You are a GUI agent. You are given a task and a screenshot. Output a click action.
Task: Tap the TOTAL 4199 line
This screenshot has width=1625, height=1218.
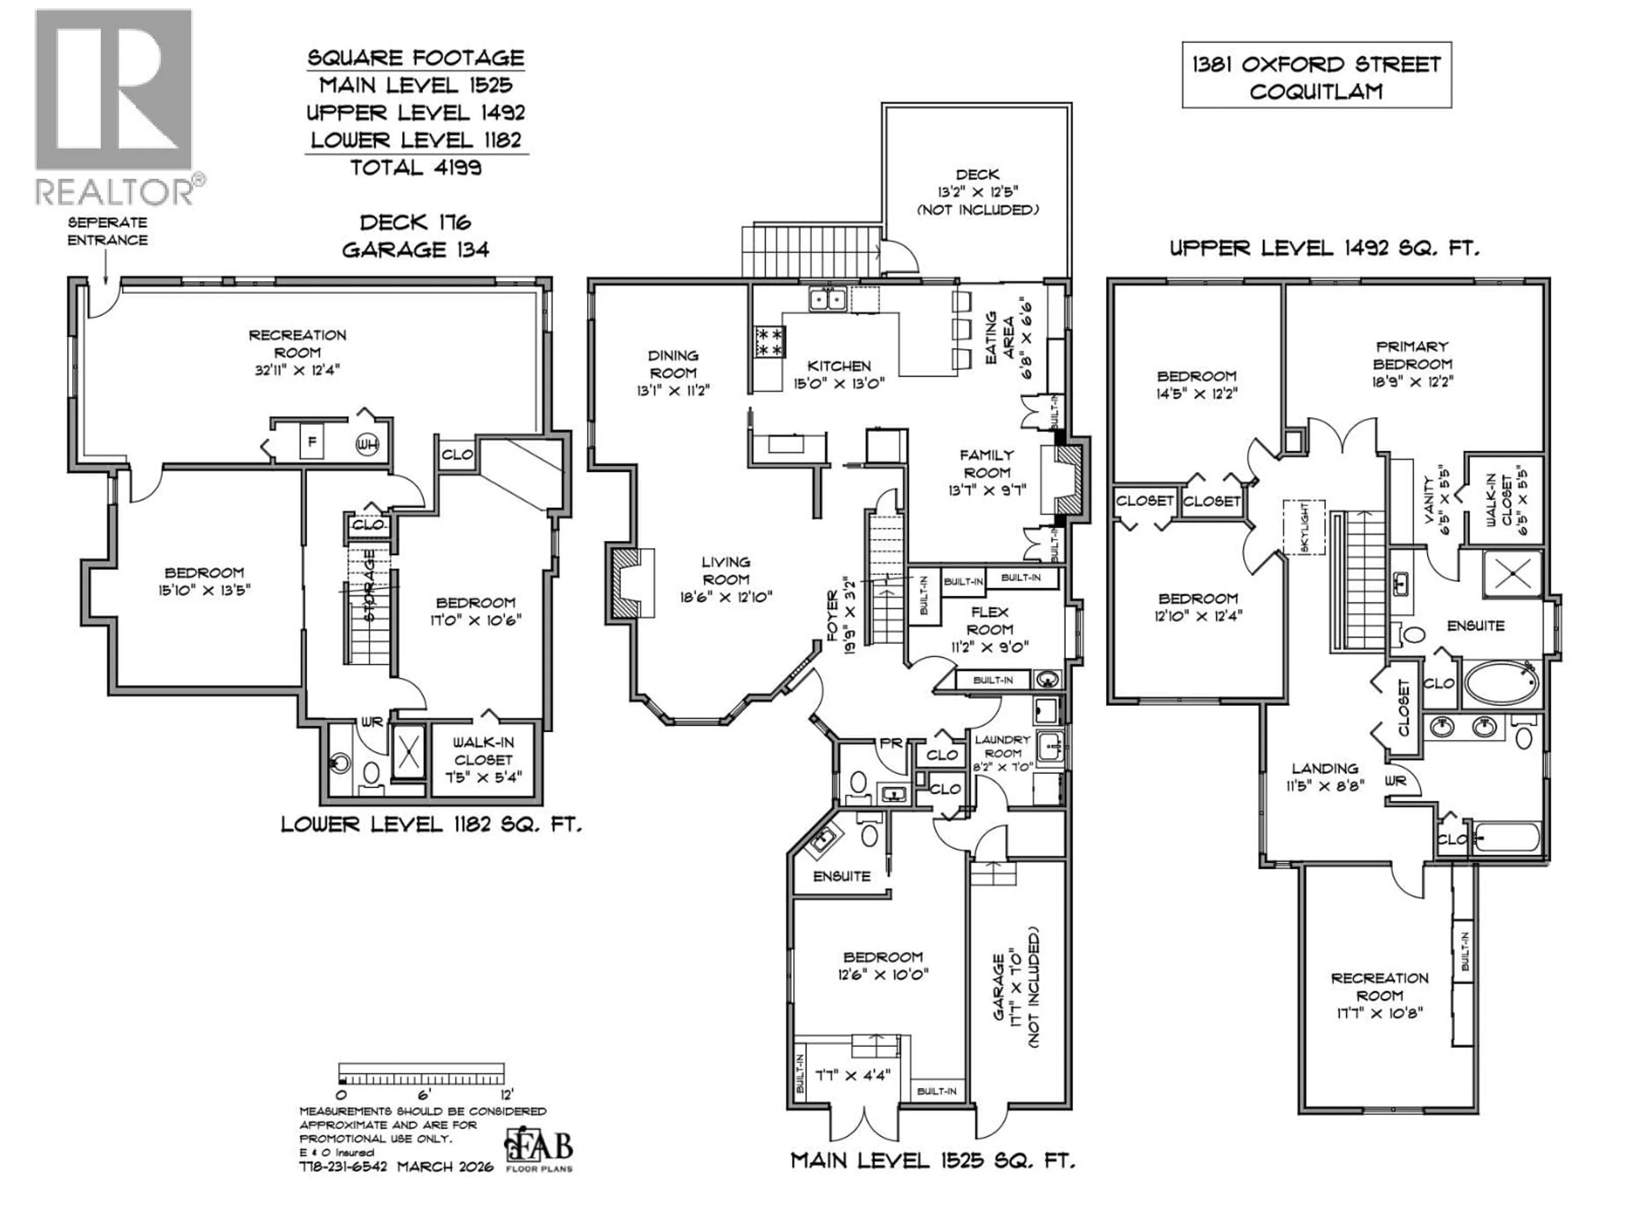[x=416, y=168]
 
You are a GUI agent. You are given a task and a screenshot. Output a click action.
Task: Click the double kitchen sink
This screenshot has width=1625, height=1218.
[x=826, y=299]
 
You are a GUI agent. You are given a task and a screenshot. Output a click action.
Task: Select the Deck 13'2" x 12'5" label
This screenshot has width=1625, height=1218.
[x=977, y=192]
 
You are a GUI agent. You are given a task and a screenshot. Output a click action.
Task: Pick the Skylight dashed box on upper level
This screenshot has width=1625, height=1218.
[x=1304, y=527]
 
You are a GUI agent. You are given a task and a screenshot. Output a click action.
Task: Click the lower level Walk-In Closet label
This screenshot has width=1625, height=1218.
[x=483, y=759]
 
